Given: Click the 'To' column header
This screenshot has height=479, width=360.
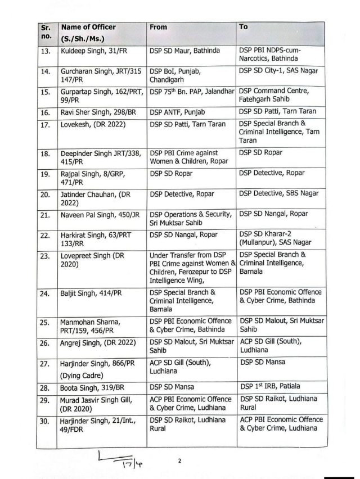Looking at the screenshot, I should tap(244, 26).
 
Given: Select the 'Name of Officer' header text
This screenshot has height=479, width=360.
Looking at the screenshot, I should tap(88, 27).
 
